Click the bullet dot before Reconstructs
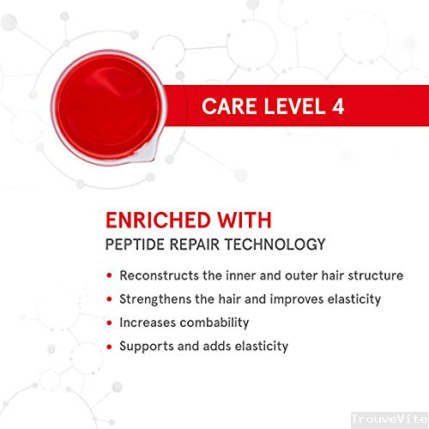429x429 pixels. (x=109, y=276)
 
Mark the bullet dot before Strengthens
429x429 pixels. (x=109, y=300)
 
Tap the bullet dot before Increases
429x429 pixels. (x=109, y=323)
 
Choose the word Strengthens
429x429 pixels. (x=156, y=300)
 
